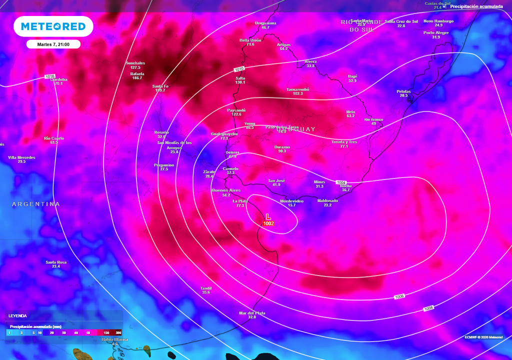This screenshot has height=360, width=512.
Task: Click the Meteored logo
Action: point(53,26)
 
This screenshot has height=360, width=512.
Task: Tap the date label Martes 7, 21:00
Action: point(53,44)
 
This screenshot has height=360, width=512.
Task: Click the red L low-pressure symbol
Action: point(268,216)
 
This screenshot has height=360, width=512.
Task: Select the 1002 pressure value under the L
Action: point(268,223)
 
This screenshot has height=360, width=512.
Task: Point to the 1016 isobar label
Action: point(49,76)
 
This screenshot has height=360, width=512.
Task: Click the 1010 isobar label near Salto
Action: point(239,69)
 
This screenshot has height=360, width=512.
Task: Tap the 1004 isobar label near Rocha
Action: point(341,182)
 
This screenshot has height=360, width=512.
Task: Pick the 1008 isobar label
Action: point(428,308)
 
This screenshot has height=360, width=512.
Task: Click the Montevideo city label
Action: point(291,201)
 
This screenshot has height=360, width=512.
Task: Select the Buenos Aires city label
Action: point(226,190)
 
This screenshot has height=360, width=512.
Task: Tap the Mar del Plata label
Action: point(252,313)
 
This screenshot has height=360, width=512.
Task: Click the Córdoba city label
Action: point(58,79)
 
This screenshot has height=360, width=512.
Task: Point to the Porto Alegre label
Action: point(436,33)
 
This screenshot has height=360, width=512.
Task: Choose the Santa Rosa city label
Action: point(55,262)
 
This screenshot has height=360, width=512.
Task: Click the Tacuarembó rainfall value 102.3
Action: point(298,93)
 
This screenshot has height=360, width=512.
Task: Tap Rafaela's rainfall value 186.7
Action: point(137,78)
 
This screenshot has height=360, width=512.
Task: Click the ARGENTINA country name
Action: point(36,204)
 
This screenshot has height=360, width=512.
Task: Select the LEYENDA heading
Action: point(17,316)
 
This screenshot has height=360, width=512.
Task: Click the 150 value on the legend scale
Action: point(106,332)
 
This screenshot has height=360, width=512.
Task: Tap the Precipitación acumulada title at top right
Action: point(476,6)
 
